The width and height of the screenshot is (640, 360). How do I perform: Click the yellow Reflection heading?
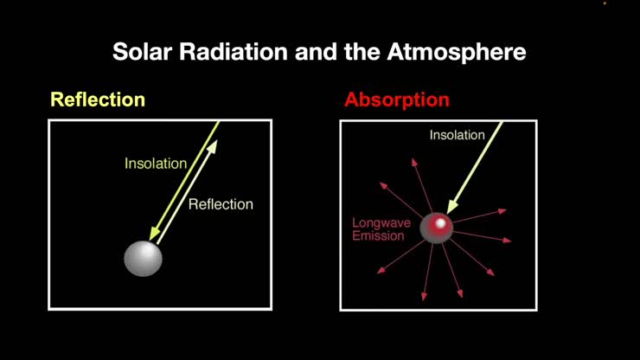(x=97, y=100)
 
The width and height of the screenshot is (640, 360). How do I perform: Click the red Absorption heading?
(x=396, y=100)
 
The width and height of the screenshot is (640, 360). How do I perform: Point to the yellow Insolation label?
(x=156, y=164)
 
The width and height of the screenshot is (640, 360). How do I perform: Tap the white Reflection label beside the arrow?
(x=221, y=204)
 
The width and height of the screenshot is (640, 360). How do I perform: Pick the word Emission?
(x=378, y=235)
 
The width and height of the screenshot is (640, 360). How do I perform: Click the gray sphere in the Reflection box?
(x=143, y=258)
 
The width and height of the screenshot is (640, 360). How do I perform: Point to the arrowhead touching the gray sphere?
(x=154, y=235)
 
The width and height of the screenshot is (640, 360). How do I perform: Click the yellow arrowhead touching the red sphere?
(x=449, y=209)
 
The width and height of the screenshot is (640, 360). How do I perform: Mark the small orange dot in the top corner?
(x=605, y=3)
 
